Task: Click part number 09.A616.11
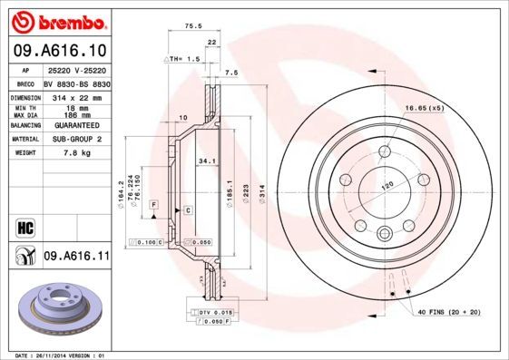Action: click(x=76, y=257)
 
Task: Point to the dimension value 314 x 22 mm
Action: click(x=77, y=95)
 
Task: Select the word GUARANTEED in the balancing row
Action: click(x=77, y=126)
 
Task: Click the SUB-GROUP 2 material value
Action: click(x=77, y=140)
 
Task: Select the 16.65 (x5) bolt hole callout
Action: click(x=423, y=108)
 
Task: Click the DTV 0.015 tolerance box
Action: click(x=210, y=312)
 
